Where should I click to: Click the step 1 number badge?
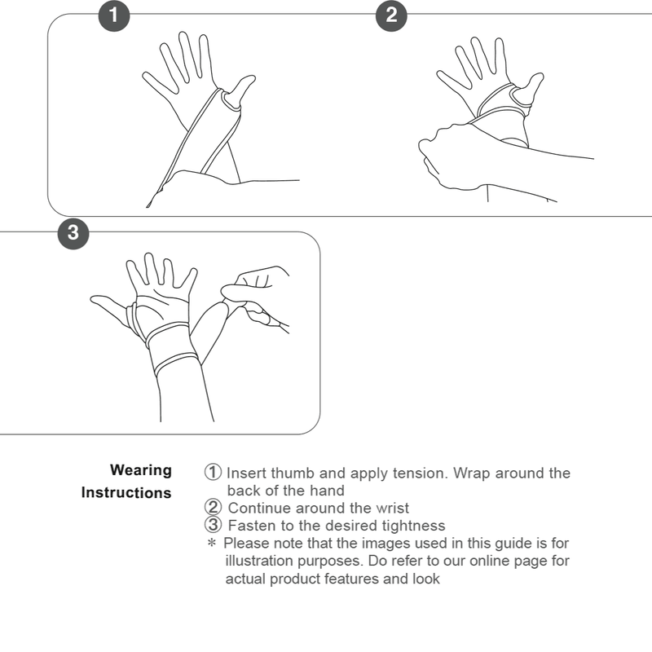[x=113, y=14]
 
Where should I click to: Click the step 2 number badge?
[x=391, y=14]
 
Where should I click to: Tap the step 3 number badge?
[x=73, y=232]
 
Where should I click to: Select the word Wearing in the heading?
[x=141, y=470]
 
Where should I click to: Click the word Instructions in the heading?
[x=126, y=493]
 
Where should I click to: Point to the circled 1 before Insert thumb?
[x=213, y=473]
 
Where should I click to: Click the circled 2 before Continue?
[x=213, y=508]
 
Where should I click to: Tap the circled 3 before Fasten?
[x=213, y=525]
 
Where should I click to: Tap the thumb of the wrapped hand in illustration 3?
[x=108, y=308]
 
